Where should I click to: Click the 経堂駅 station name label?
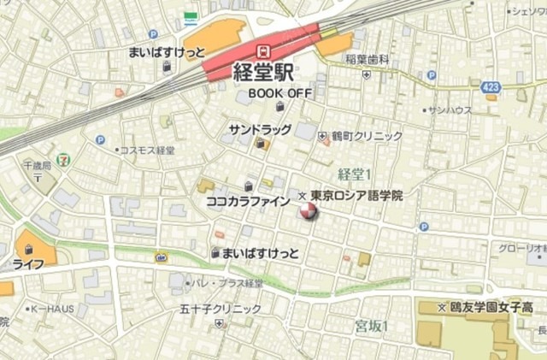click(265, 72)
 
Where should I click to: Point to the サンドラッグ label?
click(261, 128)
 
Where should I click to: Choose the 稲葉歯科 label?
click(368, 60)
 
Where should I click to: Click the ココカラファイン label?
click(248, 202)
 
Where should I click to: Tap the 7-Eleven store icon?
click(66, 158)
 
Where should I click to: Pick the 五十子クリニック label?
click(221, 308)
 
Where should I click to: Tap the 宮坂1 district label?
click(372, 326)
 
